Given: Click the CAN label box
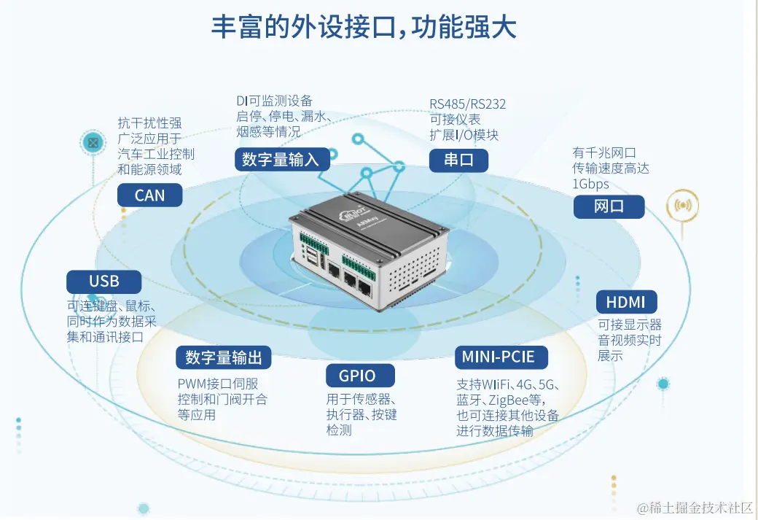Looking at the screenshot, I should pos(149,195).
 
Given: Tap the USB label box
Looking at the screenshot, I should pos(103,282).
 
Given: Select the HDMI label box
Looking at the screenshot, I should pos(630,302).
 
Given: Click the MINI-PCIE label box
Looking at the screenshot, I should pos(499,357).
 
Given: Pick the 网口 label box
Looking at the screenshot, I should pos(609,206).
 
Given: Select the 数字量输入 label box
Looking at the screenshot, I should pos(280,160).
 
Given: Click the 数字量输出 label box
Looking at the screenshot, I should pos(223,357).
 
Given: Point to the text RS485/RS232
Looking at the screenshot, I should pos(467,104).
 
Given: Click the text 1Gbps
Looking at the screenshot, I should pos(590,185).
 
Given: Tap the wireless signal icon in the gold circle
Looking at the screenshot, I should pos(683,205).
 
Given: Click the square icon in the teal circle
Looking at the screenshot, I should pos(93,142).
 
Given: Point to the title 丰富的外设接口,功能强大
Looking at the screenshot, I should pos(364,28).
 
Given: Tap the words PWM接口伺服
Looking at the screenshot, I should pos(218,384).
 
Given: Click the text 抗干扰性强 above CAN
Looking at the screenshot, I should pos(149,123).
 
